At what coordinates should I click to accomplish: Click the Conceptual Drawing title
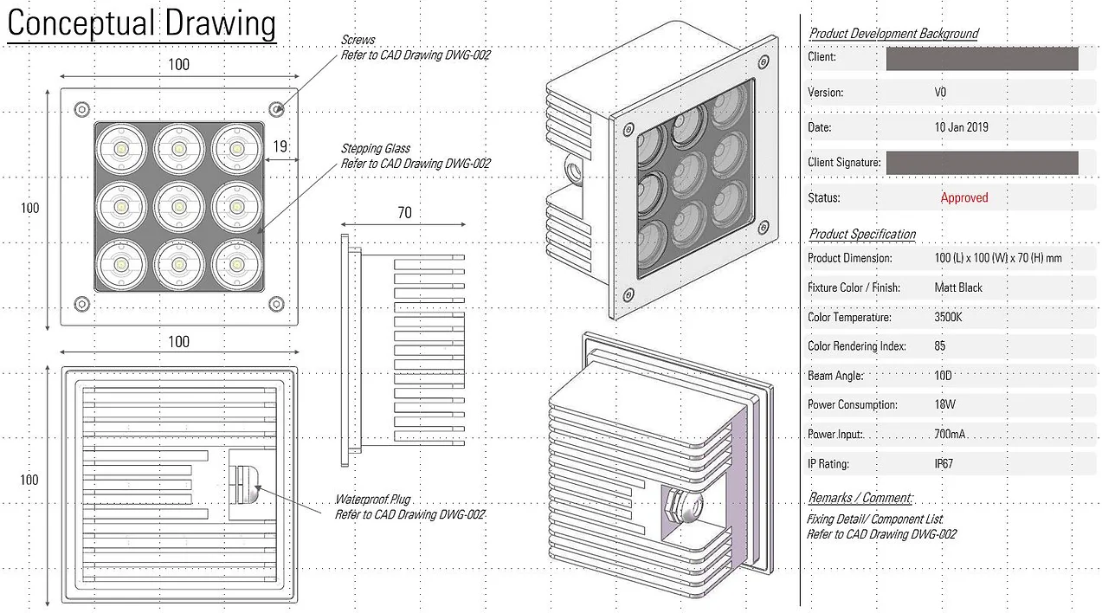tap(142, 23)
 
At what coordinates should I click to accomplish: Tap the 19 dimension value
tap(280, 146)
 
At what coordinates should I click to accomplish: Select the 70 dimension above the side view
tap(404, 212)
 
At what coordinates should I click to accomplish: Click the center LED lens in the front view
tap(179, 207)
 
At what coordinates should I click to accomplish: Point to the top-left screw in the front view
tap(81, 109)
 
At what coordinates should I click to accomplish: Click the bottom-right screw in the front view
tap(276, 304)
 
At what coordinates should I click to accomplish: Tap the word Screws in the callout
tap(358, 40)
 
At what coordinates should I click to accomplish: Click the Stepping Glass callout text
tap(416, 156)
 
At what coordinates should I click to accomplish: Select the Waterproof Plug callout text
tap(409, 507)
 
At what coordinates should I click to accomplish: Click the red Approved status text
tap(964, 197)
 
